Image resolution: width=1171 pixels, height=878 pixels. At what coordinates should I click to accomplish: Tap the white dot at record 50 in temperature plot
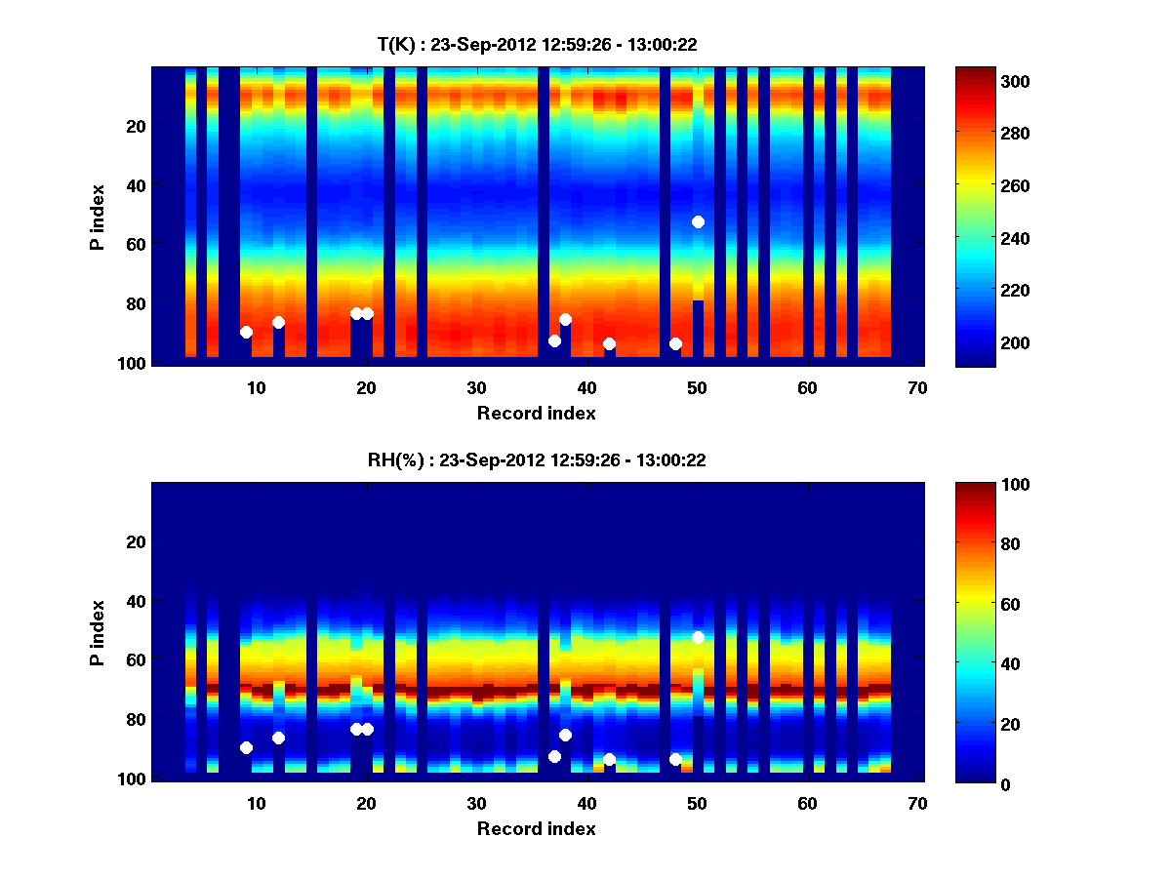(698, 221)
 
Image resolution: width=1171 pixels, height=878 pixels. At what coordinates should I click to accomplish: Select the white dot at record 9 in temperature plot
(246, 332)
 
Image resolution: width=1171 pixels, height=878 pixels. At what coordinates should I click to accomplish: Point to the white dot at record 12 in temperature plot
(278, 322)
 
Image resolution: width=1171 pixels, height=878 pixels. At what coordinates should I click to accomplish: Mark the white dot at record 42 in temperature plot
(609, 343)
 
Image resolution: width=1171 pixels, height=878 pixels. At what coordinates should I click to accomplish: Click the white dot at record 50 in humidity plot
(698, 637)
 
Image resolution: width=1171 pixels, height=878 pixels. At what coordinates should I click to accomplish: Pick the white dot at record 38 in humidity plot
(565, 735)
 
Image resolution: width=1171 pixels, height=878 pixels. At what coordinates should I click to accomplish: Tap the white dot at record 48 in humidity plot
(675, 759)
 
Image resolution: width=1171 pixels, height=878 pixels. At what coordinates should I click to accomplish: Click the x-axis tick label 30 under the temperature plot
(476, 386)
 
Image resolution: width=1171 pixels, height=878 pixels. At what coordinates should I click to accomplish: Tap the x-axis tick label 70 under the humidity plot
(917, 802)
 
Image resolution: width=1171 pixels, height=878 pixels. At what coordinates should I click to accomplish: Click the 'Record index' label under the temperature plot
(536, 413)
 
